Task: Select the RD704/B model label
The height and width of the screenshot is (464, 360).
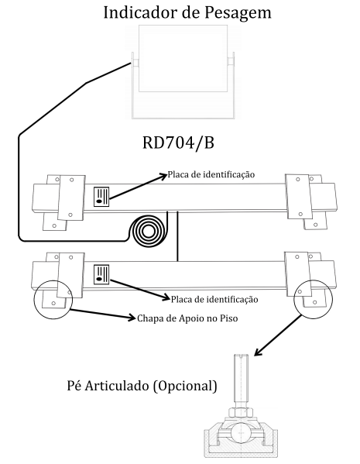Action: pyautogui.click(x=178, y=143)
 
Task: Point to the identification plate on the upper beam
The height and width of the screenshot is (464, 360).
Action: pyautogui.click(x=101, y=197)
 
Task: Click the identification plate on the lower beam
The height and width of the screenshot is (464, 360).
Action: pyautogui.click(x=101, y=275)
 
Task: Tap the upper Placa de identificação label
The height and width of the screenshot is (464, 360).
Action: pyautogui.click(x=211, y=174)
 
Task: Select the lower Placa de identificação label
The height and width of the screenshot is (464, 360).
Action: pyautogui.click(x=214, y=300)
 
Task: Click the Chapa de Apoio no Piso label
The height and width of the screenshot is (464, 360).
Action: pyautogui.click(x=187, y=318)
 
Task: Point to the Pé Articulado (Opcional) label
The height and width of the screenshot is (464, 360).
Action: pyautogui.click(x=142, y=386)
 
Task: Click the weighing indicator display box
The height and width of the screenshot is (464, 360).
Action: pyautogui.click(x=183, y=58)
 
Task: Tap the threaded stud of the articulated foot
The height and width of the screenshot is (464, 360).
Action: pyautogui.click(x=241, y=380)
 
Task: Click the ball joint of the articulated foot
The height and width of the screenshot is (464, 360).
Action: pyautogui.click(x=241, y=432)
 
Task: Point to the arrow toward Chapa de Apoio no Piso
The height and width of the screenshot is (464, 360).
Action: pyautogui.click(x=103, y=314)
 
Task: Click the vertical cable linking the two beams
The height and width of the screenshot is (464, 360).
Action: pyautogui.click(x=177, y=236)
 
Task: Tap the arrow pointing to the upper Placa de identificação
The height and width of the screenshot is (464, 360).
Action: pyautogui.click(x=138, y=187)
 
